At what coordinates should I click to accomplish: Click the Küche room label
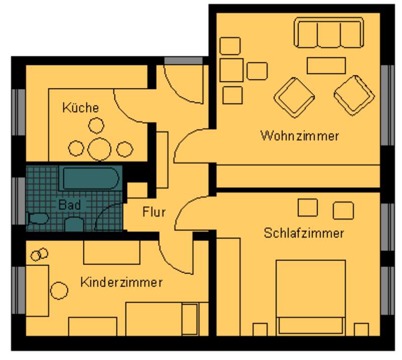pyautogui.click(x=80, y=108)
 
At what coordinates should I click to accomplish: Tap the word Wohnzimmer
pyautogui.click(x=299, y=136)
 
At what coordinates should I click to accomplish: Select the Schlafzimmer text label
pyautogui.click(x=304, y=233)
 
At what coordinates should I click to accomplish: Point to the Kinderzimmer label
pyautogui.click(x=122, y=282)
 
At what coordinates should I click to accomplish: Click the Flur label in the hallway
pyautogui.click(x=154, y=212)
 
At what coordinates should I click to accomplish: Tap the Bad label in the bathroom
pyautogui.click(x=69, y=205)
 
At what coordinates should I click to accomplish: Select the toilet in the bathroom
pyautogui.click(x=37, y=218)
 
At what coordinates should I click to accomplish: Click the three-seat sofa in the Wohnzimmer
pyautogui.click(x=329, y=33)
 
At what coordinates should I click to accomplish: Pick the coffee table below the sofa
pyautogui.click(x=326, y=66)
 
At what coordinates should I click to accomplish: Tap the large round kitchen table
pyautogui.click(x=99, y=149)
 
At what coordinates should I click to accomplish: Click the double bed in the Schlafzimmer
pyautogui.click(x=311, y=298)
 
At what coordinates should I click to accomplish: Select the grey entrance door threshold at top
pyautogui.click(x=183, y=61)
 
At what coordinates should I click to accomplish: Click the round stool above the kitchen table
pyautogui.click(x=96, y=126)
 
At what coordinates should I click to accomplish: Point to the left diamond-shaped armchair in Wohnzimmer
pyautogui.click(x=294, y=98)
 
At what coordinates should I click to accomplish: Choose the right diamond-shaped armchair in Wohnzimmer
pyautogui.click(x=354, y=96)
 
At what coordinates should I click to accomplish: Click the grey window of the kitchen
pyautogui.click(x=19, y=112)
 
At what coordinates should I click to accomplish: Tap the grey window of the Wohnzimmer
pyautogui.click(x=387, y=105)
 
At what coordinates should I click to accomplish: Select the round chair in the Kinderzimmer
pyautogui.click(x=59, y=291)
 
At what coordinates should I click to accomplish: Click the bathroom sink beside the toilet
pyautogui.click(x=74, y=224)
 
